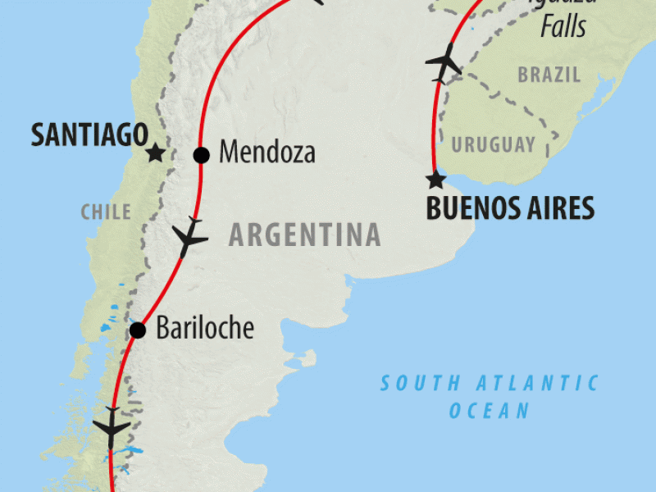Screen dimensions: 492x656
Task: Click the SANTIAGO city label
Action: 89,135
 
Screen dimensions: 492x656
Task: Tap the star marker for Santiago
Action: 155,153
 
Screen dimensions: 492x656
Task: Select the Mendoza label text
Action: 267,153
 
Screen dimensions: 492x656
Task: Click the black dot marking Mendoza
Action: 201,154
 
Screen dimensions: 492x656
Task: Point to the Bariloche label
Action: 204,330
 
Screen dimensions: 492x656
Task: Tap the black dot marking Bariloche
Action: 138,330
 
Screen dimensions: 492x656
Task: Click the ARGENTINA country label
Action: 304,235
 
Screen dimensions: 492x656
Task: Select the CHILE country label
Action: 106,212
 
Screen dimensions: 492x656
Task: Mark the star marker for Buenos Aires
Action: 435,180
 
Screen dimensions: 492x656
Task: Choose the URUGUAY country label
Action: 493,145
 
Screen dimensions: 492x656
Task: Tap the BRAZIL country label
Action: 549,75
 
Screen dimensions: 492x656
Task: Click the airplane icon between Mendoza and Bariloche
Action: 189,238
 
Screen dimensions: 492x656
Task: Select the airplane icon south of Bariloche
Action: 111,427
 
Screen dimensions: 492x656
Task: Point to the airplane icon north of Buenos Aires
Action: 444,62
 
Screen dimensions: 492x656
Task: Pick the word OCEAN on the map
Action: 489,410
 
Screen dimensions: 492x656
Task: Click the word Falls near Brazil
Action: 563,27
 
